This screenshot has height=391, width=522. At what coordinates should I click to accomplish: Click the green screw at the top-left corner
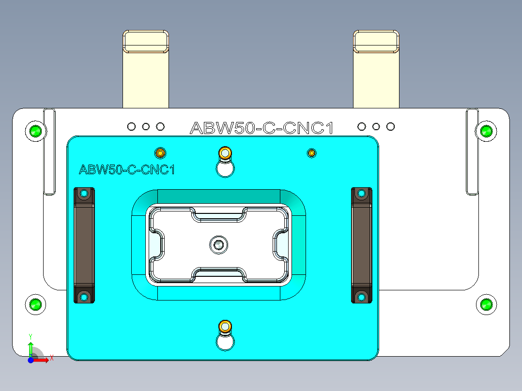click(x=35, y=131)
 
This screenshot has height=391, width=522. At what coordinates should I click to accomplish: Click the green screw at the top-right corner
click(x=486, y=131)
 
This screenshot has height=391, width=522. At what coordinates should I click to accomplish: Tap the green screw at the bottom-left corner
click(x=35, y=304)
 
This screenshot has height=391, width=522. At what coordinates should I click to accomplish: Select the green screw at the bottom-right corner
click(x=486, y=304)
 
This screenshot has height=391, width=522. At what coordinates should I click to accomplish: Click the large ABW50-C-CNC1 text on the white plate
click(x=262, y=128)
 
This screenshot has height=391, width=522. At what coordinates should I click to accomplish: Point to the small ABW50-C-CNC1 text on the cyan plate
click(x=126, y=170)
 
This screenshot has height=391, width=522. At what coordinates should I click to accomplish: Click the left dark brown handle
click(x=84, y=245)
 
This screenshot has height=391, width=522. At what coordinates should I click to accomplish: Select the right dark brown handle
click(x=361, y=245)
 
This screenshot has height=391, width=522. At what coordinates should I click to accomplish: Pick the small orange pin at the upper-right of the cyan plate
click(x=312, y=153)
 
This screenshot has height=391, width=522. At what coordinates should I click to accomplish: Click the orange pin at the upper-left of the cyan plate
click(x=160, y=153)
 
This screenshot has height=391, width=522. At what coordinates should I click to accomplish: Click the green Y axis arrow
click(x=31, y=347)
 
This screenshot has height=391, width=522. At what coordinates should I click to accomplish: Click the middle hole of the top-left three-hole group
click(x=146, y=127)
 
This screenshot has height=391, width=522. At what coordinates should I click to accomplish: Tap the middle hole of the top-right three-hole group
click(x=376, y=127)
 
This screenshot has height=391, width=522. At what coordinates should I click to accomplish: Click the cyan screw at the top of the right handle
click(x=361, y=194)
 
